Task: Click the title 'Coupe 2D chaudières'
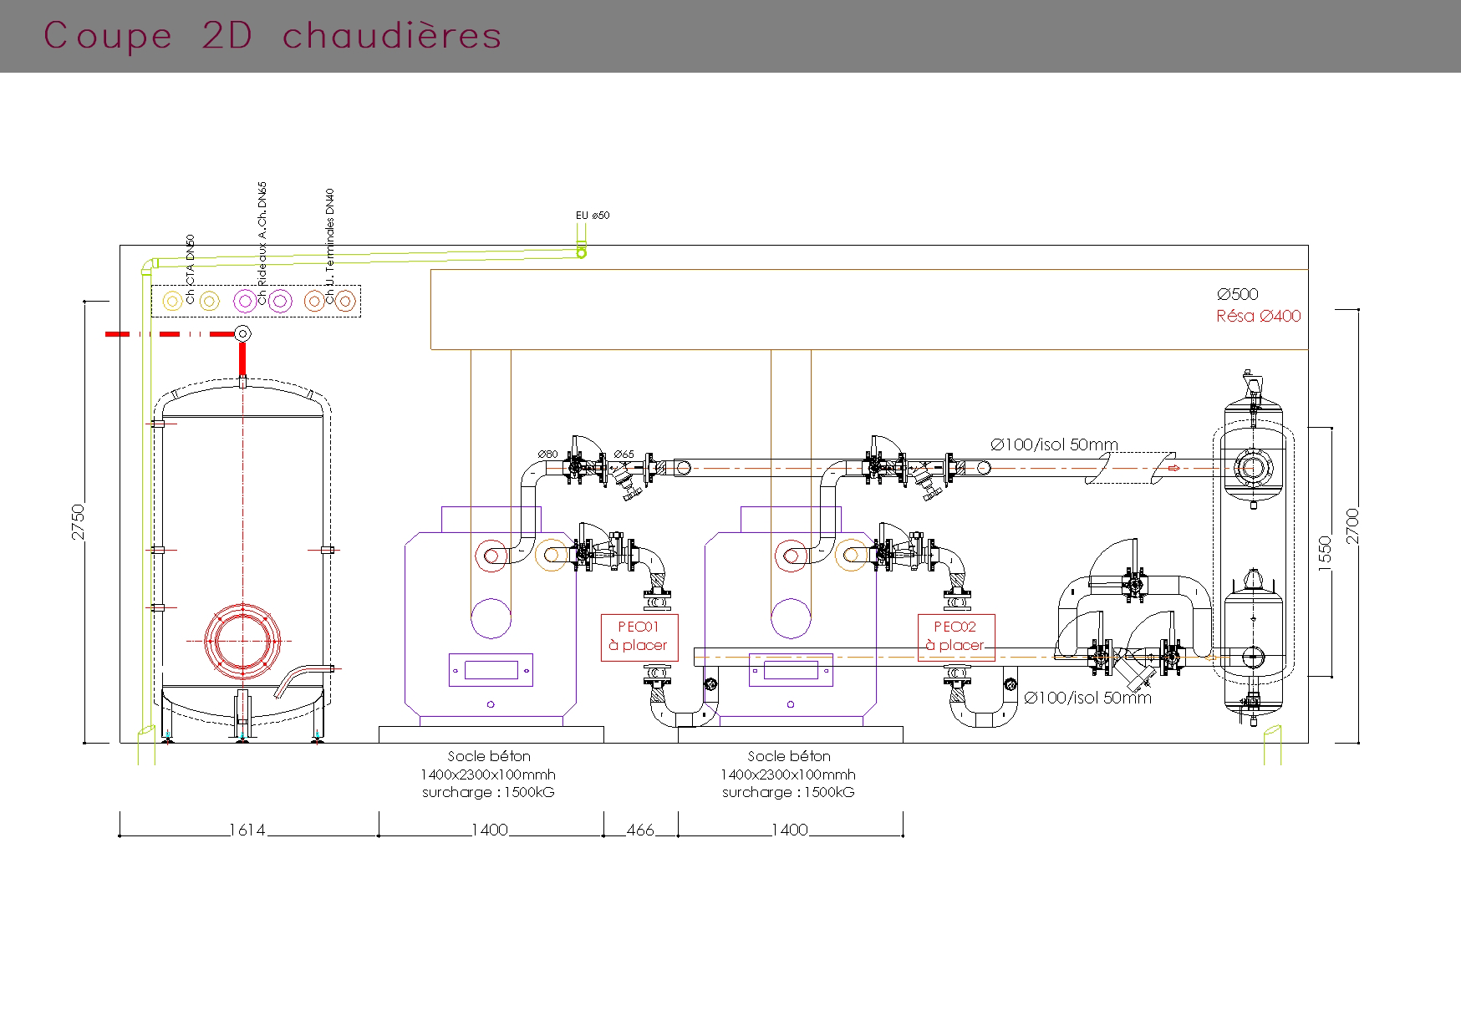click(x=272, y=36)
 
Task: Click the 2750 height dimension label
click(x=79, y=521)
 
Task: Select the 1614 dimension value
click(x=247, y=830)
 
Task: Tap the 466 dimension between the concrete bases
click(x=640, y=830)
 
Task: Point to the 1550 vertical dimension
click(x=1325, y=554)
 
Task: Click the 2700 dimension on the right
click(x=1353, y=526)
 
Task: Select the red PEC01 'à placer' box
click(x=639, y=637)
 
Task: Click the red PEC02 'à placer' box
click(x=955, y=637)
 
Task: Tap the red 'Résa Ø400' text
click(x=1258, y=316)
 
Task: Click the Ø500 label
click(x=1237, y=294)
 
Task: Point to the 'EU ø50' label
click(x=593, y=216)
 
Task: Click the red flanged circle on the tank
click(x=242, y=641)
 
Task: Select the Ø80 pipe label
click(x=547, y=455)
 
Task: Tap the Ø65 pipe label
click(x=624, y=455)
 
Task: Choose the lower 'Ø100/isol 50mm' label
click(x=1087, y=698)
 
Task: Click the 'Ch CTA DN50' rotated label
click(x=191, y=269)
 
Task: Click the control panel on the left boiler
click(x=491, y=670)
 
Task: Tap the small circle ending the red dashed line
click(x=243, y=334)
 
